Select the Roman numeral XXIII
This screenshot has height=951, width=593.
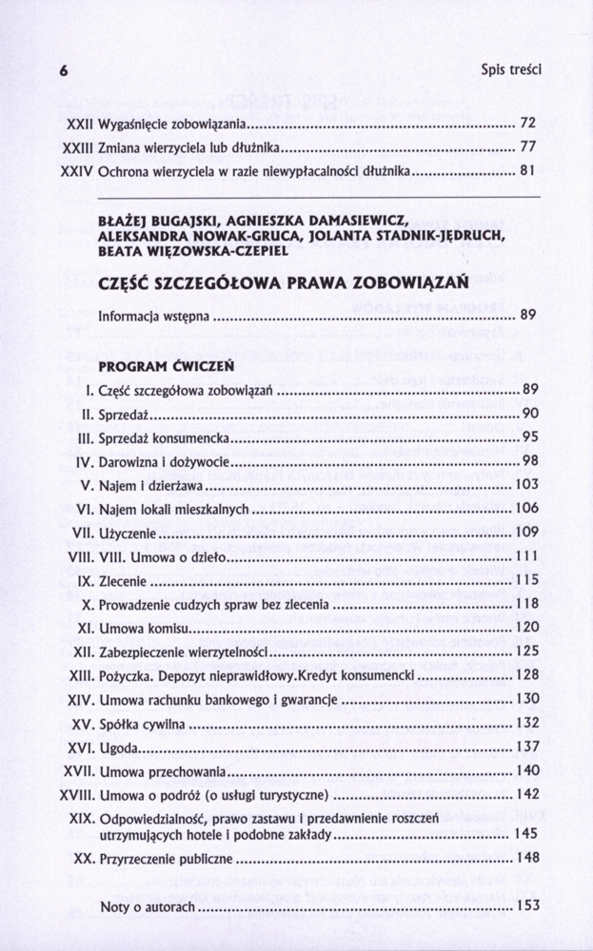74,147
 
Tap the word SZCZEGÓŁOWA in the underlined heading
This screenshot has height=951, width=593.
222,283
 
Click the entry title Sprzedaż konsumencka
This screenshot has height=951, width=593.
164,437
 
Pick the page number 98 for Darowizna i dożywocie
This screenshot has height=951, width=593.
530,460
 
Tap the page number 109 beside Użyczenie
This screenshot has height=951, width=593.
526,532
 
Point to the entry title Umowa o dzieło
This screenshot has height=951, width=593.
181,555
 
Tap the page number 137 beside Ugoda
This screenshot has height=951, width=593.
526,747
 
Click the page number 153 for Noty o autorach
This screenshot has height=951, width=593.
526,905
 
